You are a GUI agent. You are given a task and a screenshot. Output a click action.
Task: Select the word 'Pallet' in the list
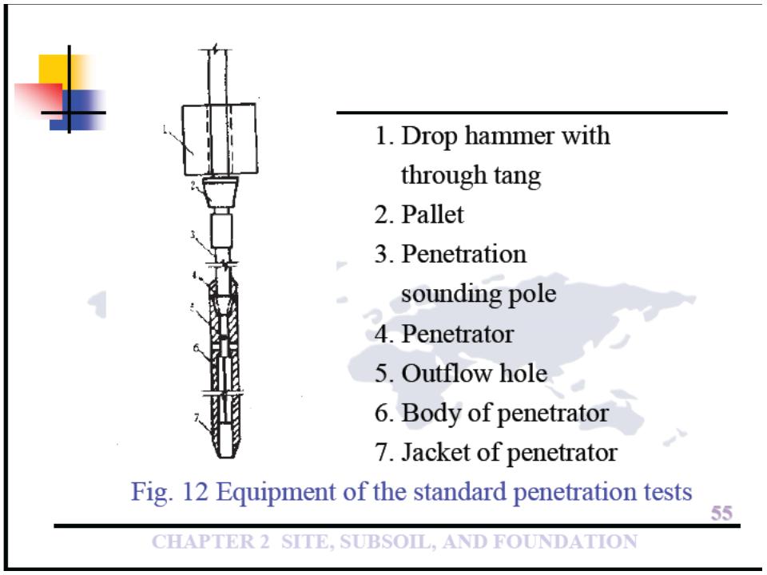pos(432,215)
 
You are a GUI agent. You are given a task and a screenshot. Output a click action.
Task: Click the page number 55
pos(721,513)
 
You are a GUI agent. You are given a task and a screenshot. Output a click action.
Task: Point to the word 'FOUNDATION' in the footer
pos(564,542)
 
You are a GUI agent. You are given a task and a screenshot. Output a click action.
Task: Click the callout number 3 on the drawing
pos(194,236)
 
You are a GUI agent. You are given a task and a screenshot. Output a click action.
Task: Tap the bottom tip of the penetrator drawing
pos(229,455)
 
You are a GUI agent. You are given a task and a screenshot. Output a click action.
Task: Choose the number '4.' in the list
pos(386,334)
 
